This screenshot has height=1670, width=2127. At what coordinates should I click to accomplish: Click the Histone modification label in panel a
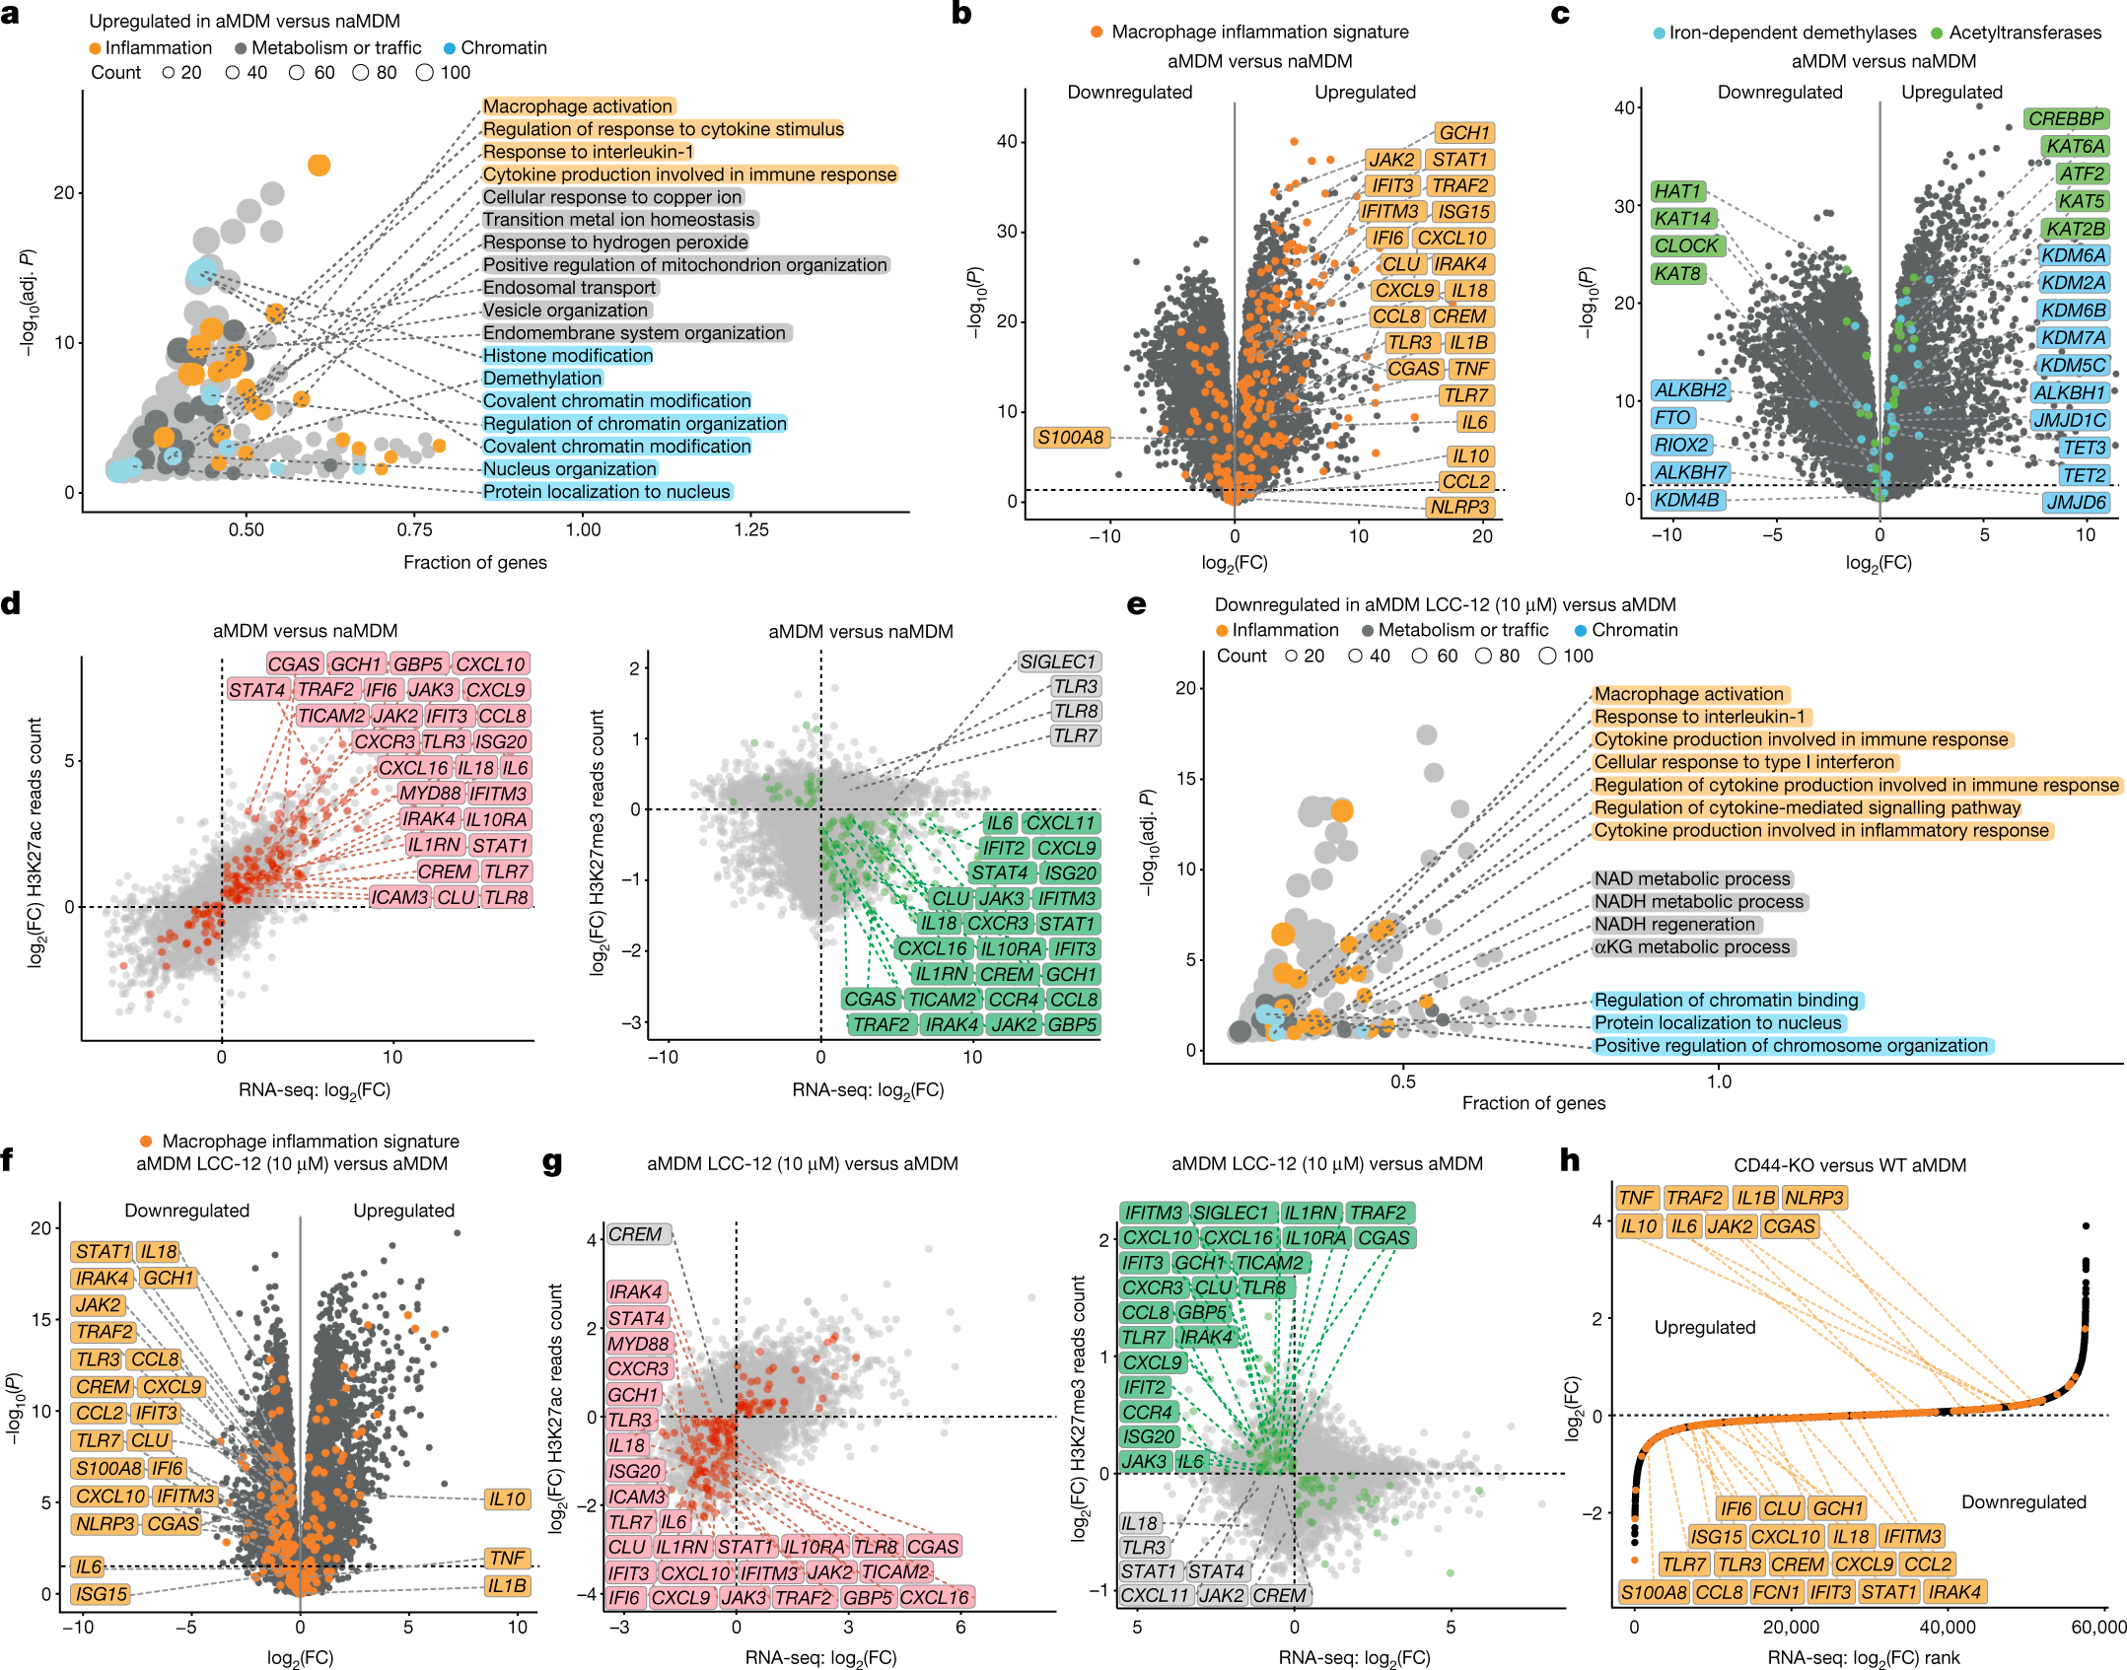(567, 356)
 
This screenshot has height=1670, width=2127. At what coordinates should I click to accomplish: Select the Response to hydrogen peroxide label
(615, 243)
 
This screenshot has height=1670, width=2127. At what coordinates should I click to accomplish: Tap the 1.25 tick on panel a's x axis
(751, 530)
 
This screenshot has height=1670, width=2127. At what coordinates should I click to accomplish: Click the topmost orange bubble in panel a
(319, 165)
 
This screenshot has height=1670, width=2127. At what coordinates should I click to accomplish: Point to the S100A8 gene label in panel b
(1070, 438)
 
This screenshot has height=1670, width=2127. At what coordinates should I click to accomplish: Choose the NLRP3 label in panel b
(1459, 508)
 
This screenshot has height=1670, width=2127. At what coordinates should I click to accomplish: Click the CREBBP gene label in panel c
(2066, 119)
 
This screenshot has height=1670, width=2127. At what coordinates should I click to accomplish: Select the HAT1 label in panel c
(1677, 191)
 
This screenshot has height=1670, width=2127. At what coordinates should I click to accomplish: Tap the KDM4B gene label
(1686, 500)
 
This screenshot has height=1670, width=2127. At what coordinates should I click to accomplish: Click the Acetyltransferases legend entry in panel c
(2024, 33)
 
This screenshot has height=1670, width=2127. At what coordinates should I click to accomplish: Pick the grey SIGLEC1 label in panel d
(1058, 661)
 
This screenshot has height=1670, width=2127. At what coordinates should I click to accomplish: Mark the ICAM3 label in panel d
(399, 897)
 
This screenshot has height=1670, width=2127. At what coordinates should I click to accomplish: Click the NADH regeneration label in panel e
(1674, 925)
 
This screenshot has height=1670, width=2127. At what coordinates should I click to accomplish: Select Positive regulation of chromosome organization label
(1791, 1046)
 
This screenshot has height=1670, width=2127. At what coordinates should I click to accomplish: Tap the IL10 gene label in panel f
(507, 1499)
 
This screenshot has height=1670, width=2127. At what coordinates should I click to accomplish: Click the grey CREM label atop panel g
(635, 1234)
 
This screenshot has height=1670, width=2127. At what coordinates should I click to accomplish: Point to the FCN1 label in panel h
(1776, 1592)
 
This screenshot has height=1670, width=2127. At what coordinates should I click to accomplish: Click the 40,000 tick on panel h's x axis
(1948, 1627)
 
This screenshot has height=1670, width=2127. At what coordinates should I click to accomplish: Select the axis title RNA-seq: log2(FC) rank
(1863, 1658)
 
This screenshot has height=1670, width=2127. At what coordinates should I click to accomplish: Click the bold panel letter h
(1569, 1162)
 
